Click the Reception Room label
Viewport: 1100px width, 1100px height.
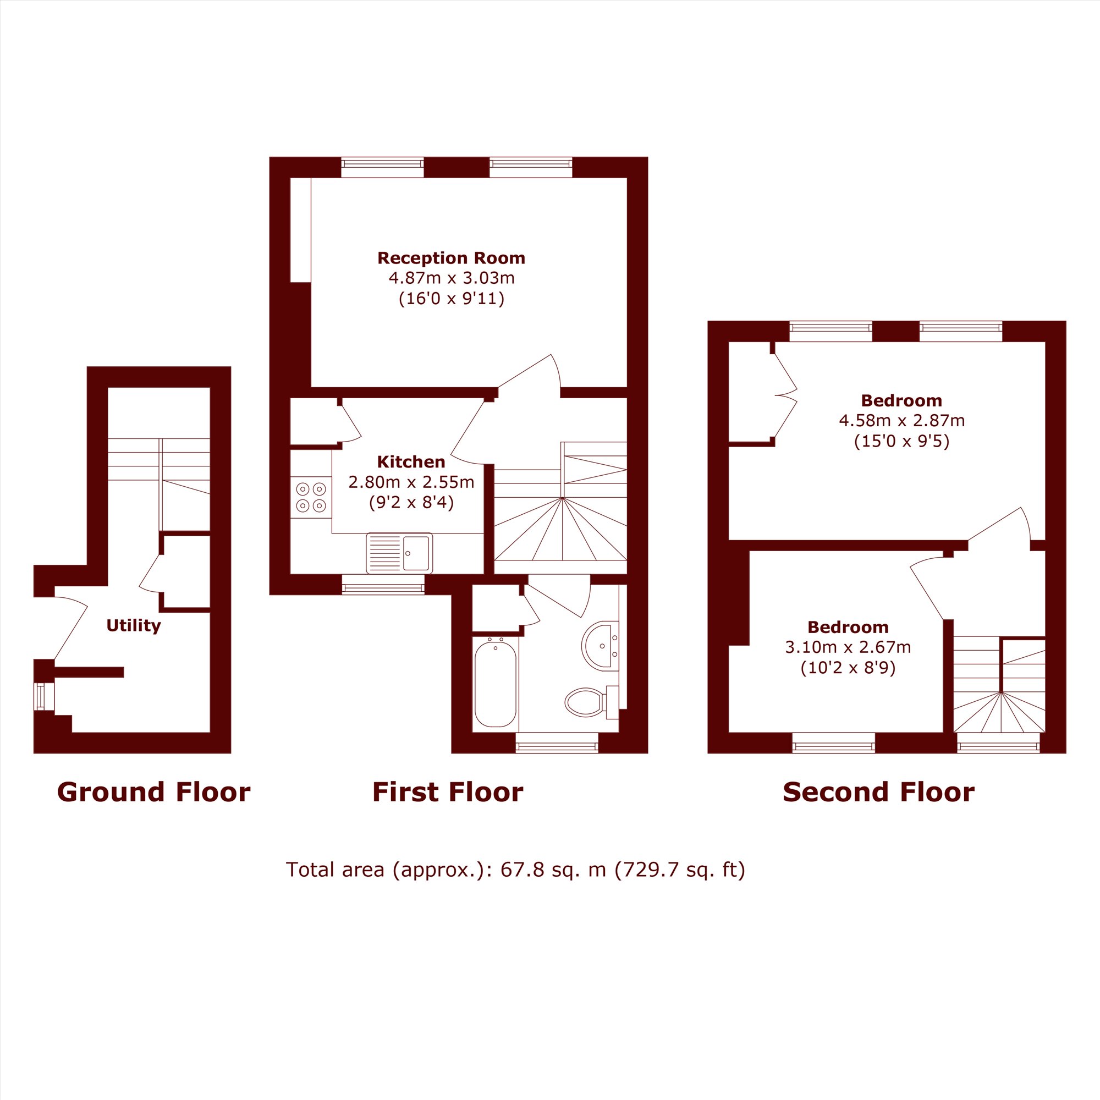pyautogui.click(x=451, y=258)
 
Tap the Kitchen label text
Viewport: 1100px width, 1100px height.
pyautogui.click(x=411, y=462)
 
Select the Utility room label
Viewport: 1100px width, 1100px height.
pyautogui.click(x=134, y=626)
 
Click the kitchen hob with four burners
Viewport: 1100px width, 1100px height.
pyautogui.click(x=311, y=497)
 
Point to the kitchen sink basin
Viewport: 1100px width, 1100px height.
pyautogui.click(x=416, y=553)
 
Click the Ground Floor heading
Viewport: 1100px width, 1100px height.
pyautogui.click(x=154, y=792)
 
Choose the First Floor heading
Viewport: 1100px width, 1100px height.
pyautogui.click(x=448, y=792)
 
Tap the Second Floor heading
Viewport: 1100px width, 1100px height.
pyautogui.click(x=878, y=792)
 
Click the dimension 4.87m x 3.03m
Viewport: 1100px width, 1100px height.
pyautogui.click(x=452, y=278)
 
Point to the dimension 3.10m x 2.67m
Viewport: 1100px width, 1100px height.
pyautogui.click(x=848, y=647)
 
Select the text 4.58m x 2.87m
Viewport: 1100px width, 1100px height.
pyautogui.click(x=902, y=421)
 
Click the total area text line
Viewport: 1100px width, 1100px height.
pyautogui.click(x=515, y=886)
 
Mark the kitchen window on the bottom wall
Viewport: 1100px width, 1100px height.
pyautogui.click(x=383, y=584)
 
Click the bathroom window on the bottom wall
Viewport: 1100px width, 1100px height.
pyautogui.click(x=557, y=743)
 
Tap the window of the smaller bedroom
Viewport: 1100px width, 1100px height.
pyautogui.click(x=834, y=743)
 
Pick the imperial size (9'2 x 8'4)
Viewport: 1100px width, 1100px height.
pyautogui.click(x=411, y=503)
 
